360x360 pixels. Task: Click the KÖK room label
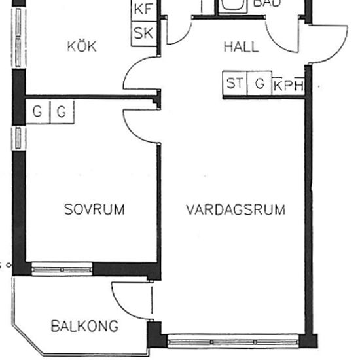(82, 46)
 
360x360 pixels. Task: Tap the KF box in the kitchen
(143, 10)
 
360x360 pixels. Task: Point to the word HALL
(241, 47)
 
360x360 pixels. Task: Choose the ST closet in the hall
(234, 84)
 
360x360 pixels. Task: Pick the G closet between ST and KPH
(259, 84)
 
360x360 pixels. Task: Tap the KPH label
(288, 85)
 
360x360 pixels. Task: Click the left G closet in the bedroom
(37, 112)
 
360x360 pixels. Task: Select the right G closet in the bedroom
(62, 112)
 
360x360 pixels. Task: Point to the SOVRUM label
(94, 209)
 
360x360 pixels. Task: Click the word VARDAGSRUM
(236, 210)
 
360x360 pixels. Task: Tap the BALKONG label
(84, 325)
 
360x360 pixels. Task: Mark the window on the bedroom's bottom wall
(62, 268)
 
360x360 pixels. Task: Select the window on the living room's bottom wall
(233, 341)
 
